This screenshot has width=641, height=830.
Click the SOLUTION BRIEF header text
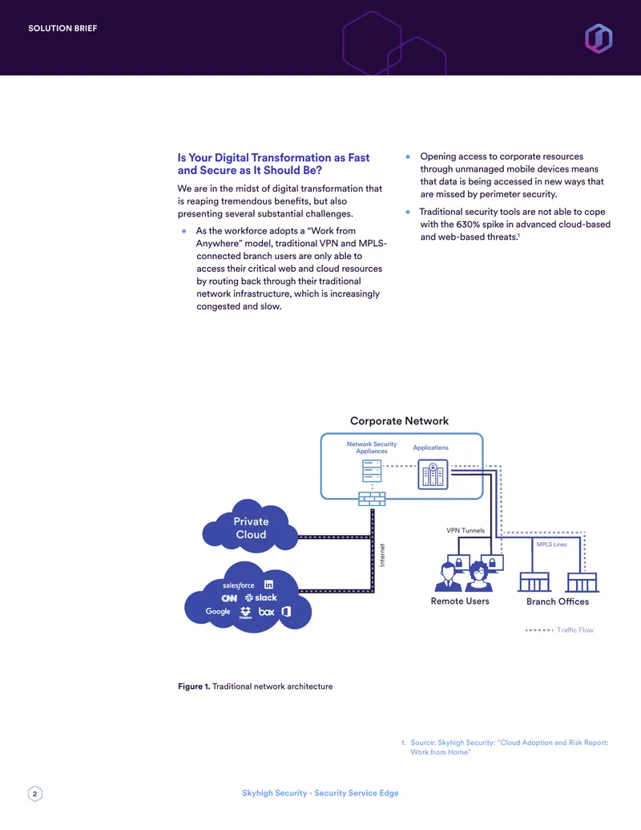point(62,29)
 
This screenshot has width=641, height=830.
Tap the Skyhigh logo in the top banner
point(599,38)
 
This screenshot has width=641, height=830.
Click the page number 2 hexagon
point(35,793)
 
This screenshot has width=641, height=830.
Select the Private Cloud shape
point(250,526)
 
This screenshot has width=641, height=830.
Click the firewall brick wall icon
point(372,499)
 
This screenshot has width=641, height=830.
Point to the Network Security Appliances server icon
point(372,471)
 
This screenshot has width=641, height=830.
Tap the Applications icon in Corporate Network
point(433,474)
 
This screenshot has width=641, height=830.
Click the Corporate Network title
point(399,421)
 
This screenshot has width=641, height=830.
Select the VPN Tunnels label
point(466,530)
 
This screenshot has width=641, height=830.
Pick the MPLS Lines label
point(551,545)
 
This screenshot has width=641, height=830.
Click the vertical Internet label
point(382,555)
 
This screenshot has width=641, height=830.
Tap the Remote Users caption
point(460,601)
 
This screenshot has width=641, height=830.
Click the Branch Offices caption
point(558,602)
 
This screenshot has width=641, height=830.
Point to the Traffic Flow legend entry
point(559,630)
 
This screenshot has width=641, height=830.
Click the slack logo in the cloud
point(260,597)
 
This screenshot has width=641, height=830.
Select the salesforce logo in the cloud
point(239,585)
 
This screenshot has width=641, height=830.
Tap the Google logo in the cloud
point(218,611)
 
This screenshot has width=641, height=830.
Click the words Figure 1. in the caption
point(194,686)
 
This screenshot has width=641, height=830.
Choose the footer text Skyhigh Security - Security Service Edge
point(320,793)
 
